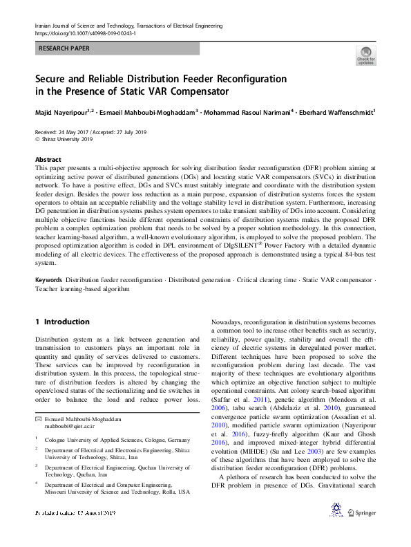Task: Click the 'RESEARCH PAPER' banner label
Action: (65, 49)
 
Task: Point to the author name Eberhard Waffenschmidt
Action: (334, 111)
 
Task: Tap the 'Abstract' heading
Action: (48, 158)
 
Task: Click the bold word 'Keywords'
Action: (49, 280)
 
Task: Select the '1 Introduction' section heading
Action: (62, 322)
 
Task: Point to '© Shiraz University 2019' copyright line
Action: (64, 138)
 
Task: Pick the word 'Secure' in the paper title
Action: (55, 79)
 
